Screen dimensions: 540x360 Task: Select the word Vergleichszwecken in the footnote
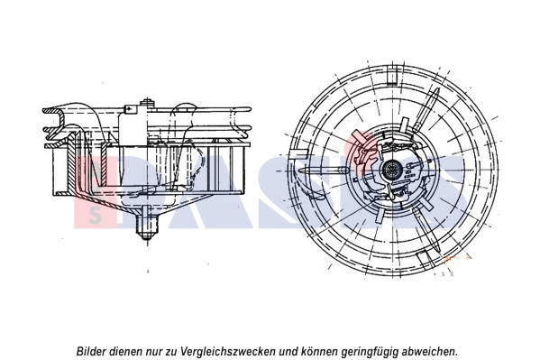click(227, 352)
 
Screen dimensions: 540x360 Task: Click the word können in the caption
click(320, 352)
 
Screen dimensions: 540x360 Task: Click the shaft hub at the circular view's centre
click(392, 169)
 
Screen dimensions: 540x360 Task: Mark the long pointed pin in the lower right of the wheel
click(427, 230)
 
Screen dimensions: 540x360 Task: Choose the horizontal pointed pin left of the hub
click(323, 171)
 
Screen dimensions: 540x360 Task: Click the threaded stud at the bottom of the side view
click(148, 224)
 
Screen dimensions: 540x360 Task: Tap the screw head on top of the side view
click(148, 103)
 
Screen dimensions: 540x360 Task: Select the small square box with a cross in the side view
click(131, 109)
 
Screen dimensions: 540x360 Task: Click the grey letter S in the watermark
click(96, 217)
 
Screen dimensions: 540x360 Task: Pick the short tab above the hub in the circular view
click(404, 125)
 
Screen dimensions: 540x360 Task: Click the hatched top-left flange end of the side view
click(52, 111)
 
